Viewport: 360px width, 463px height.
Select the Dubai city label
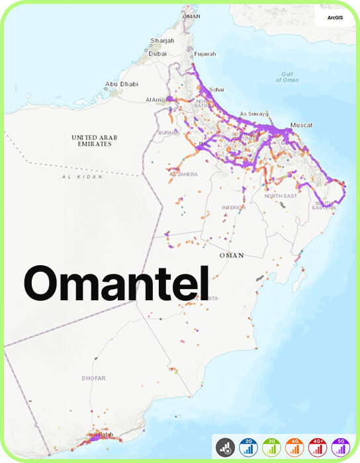tap(157, 53)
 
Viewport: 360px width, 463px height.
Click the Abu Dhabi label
tap(120, 84)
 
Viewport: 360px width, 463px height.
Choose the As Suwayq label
tap(252, 113)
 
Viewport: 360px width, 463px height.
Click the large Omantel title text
tap(116, 283)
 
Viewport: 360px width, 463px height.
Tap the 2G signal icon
tap(248, 448)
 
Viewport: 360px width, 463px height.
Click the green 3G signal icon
tap(271, 448)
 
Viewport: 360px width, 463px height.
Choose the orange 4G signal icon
tap(294, 448)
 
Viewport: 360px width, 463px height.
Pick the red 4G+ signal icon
tap(318, 448)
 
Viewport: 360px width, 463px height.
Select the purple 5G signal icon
tap(341, 448)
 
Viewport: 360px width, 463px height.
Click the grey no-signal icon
tap(225, 448)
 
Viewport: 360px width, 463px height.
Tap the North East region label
tap(281, 196)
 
